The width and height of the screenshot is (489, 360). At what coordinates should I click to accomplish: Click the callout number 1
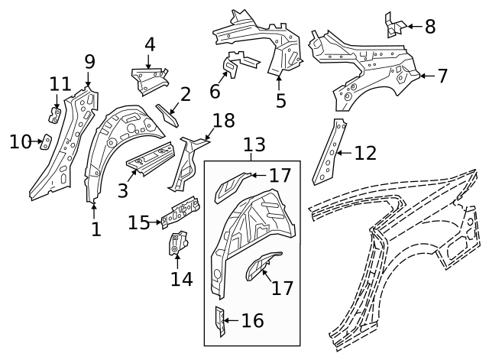point(96,229)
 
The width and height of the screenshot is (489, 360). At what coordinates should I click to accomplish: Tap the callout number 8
point(429,27)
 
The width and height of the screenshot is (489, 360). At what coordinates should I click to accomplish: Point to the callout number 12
point(365,153)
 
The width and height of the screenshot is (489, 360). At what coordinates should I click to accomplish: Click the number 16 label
point(252,320)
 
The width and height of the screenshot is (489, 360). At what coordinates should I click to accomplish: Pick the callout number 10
point(20,141)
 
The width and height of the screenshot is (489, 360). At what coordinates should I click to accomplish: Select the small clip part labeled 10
point(45,142)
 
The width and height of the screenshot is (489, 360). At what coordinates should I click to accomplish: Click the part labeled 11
point(56,115)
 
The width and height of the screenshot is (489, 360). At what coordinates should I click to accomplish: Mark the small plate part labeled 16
point(220,321)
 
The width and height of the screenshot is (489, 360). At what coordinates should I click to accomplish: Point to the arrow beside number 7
point(425,75)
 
